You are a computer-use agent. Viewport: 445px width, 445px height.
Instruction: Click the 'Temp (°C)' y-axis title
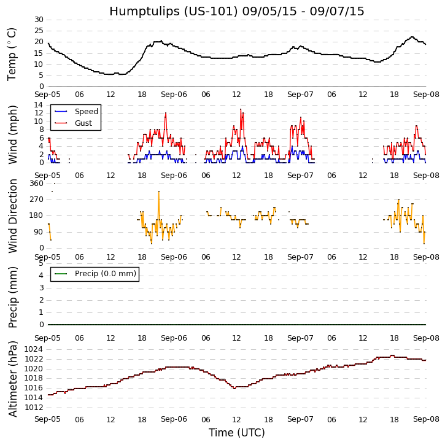click(x=12, y=53)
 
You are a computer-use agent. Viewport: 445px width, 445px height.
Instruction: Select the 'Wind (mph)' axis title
click(x=13, y=134)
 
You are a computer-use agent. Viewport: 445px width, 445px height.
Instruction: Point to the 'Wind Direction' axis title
click(x=13, y=215)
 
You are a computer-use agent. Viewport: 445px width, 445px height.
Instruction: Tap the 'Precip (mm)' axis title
click(x=13, y=296)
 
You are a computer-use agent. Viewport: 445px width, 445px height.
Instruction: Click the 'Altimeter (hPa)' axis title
click(x=13, y=378)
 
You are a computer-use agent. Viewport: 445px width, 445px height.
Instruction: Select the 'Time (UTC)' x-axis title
click(x=236, y=433)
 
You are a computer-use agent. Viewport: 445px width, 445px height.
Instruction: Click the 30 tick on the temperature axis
click(x=38, y=20)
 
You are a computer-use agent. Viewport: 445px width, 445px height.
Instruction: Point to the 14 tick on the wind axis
click(x=38, y=105)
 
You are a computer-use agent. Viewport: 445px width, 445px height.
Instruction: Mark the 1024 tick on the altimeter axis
click(x=34, y=350)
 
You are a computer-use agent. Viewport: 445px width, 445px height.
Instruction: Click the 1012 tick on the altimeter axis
click(x=34, y=407)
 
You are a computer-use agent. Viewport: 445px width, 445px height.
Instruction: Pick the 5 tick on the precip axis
click(x=41, y=263)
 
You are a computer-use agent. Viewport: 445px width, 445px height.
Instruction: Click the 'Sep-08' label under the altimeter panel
click(x=425, y=419)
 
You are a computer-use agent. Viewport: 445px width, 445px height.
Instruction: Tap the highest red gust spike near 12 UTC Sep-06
click(x=241, y=109)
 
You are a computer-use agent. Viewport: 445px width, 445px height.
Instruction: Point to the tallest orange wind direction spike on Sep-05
click(x=158, y=192)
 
